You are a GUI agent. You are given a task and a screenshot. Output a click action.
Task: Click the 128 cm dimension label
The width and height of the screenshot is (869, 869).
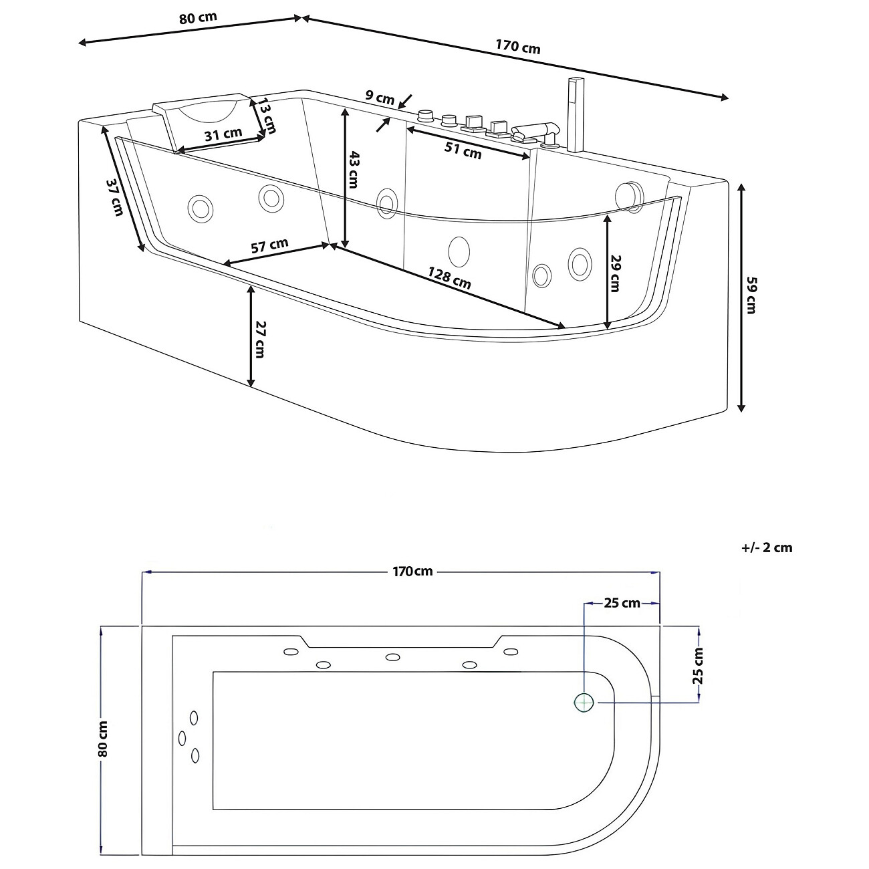coord(449,278)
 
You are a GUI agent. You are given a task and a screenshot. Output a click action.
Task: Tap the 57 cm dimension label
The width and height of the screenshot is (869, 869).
coord(269,246)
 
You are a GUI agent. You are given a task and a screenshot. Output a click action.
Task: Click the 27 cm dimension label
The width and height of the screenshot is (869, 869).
coord(261,340)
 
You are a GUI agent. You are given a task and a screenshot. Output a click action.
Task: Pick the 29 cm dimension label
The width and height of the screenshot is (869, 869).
coord(616,273)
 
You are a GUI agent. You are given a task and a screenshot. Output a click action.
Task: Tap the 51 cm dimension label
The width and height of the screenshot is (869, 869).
coord(463,150)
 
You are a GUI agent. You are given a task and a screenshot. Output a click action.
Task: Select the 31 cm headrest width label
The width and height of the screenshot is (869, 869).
coord(223,134)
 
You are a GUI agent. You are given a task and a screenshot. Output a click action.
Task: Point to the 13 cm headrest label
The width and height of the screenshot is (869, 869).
coord(267,116)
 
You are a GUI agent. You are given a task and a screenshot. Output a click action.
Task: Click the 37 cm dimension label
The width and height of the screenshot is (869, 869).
coord(115,197)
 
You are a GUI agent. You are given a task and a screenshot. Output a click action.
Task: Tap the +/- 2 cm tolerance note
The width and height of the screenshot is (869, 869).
coord(767,547)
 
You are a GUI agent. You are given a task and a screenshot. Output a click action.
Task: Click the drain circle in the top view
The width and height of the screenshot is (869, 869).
coord(584,702)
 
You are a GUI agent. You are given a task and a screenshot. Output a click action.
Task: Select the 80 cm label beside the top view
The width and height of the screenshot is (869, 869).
coord(103,739)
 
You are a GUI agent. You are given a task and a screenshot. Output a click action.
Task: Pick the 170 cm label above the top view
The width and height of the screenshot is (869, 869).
coord(412,572)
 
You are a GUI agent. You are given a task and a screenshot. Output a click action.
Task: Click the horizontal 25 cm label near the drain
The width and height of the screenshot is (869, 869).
coord(622,604)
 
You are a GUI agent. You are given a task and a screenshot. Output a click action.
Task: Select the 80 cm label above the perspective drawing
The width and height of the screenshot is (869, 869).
coord(198,17)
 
